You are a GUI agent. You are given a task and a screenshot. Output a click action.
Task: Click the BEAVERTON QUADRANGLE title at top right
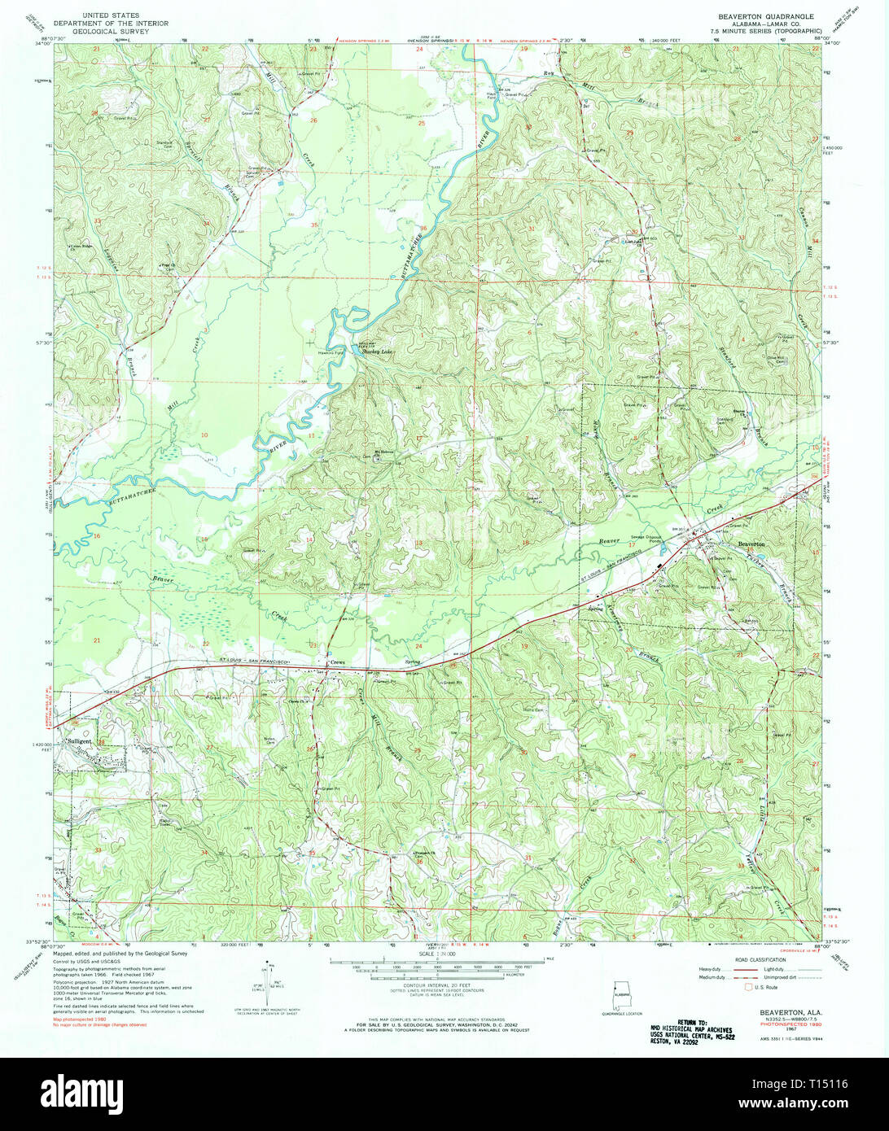(753, 15)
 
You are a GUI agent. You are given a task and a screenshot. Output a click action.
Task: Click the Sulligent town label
(81, 741)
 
